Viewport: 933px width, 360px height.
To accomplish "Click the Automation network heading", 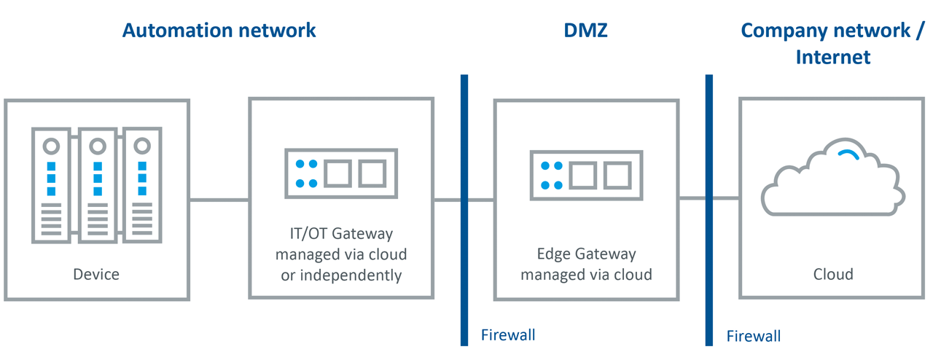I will point(219,31).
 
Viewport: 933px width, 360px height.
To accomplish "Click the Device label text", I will point(96,275).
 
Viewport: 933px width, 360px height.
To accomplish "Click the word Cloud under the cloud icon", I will point(833,275).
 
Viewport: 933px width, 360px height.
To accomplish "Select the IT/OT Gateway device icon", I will point(341,173).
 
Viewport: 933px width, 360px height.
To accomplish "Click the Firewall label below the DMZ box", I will point(508,335).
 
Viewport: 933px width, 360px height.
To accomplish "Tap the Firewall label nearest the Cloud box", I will point(754,336).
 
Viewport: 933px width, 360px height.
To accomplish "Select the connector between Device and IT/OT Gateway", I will point(219,200).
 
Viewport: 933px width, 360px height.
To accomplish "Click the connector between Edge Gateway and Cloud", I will point(692,197).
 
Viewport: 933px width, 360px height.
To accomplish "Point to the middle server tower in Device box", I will point(97,186).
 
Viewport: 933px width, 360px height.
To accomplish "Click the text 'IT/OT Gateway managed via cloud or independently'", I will point(341,254).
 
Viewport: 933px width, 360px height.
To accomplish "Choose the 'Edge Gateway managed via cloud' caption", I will point(586,265).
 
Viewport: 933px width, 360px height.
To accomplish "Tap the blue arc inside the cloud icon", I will point(848,153).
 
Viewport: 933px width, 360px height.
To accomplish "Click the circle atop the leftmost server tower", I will point(51,146).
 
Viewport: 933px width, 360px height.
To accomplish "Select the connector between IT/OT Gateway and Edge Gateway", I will point(448,200).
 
